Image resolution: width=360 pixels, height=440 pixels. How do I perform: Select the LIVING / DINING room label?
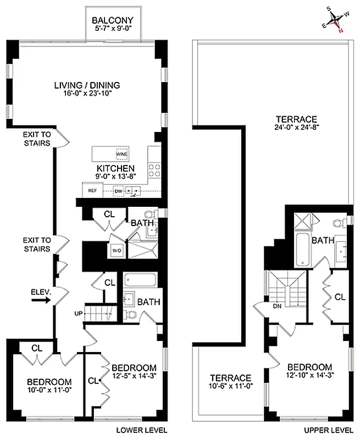point(87,85)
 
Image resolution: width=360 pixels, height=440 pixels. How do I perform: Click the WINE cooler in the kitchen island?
point(121,154)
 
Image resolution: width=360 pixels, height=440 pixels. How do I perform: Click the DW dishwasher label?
point(118,191)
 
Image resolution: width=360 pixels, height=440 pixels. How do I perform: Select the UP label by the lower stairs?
point(79,313)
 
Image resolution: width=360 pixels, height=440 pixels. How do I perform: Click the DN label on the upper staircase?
point(276,307)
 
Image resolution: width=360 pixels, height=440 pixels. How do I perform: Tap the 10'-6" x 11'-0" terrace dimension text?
point(230,387)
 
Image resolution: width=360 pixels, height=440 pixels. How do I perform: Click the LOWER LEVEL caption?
point(142,430)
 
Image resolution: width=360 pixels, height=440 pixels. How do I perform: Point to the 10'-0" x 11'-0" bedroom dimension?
point(49,391)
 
